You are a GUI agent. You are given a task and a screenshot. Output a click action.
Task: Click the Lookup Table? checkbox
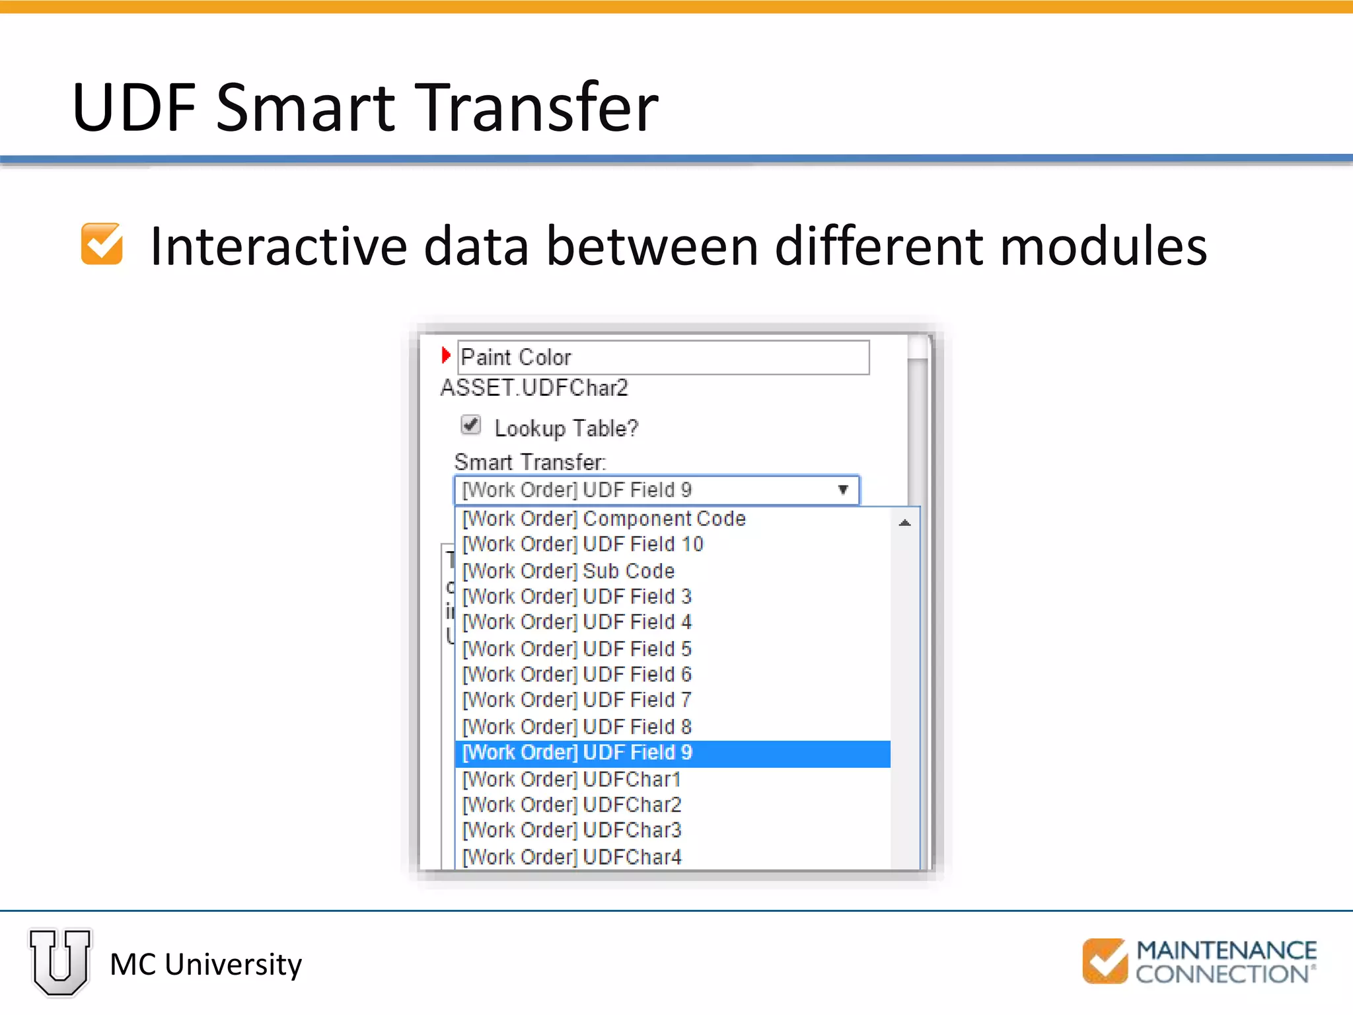[470, 425]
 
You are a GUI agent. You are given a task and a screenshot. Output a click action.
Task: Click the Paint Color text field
[663, 357]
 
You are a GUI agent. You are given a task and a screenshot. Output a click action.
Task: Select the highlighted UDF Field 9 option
[672, 753]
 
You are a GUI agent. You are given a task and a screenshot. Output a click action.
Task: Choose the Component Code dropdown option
[604, 519]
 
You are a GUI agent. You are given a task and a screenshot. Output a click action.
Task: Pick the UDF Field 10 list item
[583, 545]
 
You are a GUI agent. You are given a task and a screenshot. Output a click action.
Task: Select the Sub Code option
[568, 571]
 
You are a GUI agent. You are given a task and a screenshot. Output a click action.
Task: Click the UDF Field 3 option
[577, 597]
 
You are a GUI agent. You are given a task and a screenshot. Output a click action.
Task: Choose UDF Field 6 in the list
[577, 675]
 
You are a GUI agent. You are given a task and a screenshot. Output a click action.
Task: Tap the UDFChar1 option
[571, 780]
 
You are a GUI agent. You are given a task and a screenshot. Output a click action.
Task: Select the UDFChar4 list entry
[571, 857]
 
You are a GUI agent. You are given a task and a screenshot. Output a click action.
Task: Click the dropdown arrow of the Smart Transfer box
[843, 490]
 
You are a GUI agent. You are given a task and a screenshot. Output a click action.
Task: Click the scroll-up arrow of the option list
[905, 523]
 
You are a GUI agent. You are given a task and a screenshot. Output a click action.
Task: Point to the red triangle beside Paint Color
[446, 356]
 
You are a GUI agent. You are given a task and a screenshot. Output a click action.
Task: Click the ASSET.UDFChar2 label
[534, 388]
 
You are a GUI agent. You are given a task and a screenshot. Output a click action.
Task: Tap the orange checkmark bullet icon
[102, 244]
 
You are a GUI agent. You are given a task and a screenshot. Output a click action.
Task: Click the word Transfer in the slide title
[538, 107]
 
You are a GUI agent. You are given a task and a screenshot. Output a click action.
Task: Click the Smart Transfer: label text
[530, 461]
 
